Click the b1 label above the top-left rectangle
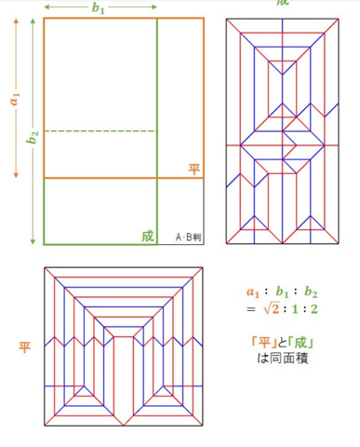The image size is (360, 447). pos(99,7)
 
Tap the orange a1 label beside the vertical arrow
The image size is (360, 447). pos(15,99)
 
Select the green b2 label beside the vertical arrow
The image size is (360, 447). pos(33,137)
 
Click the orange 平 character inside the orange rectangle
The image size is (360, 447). pos(194,169)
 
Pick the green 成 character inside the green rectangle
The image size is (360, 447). pos(148,237)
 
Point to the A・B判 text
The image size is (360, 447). pos(188,237)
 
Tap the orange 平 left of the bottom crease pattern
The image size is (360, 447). pos(24,347)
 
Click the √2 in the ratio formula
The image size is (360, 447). pos(272,309)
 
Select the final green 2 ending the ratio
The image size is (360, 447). pos(313,309)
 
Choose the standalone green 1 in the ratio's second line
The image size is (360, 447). pos(295,309)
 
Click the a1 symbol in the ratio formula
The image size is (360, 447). pos(254,292)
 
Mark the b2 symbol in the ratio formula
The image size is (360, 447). pos(311,291)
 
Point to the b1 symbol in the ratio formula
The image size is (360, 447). pos(283,291)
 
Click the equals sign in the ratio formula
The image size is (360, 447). pos(251,309)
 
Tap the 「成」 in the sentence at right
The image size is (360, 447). pos(300,343)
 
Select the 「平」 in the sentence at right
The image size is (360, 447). pos(264,343)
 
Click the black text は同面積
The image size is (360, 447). pos(283,359)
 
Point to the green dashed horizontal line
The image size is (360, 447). pos(100,131)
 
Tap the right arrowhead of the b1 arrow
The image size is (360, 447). pos(154,7)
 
